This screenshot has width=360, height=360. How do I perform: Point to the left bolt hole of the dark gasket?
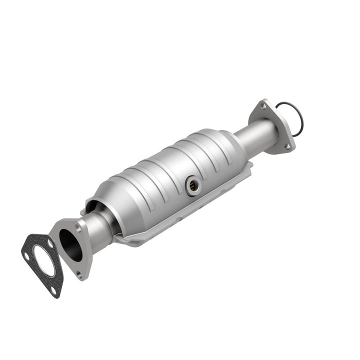point(26,256)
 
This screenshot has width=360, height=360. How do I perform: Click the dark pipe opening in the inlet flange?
point(70,244)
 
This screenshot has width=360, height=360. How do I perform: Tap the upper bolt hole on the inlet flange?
point(77,228)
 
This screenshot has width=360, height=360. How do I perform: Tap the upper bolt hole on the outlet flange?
point(263,106)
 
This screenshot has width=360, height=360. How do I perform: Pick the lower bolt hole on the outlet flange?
point(287,146)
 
